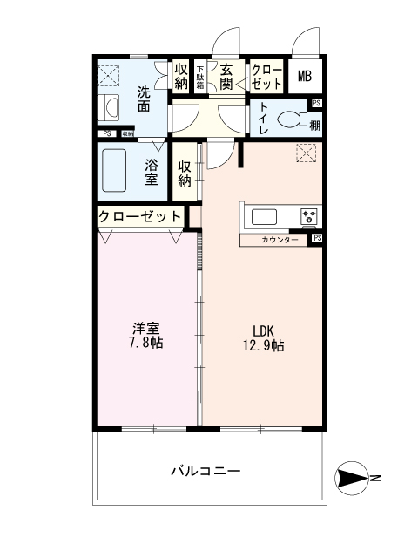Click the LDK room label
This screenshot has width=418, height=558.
[x=264, y=330]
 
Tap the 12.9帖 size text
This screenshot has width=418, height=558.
[x=264, y=345]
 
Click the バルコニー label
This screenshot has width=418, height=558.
[x=205, y=471]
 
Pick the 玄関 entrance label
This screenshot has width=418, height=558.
[x=226, y=77]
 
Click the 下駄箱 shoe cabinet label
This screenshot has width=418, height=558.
[x=200, y=77]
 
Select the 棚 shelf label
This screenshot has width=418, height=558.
[x=314, y=125]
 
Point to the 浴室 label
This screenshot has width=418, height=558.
[x=151, y=171]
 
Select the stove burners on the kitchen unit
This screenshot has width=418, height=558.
[x=309, y=216]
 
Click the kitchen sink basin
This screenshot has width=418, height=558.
[x=263, y=216]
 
